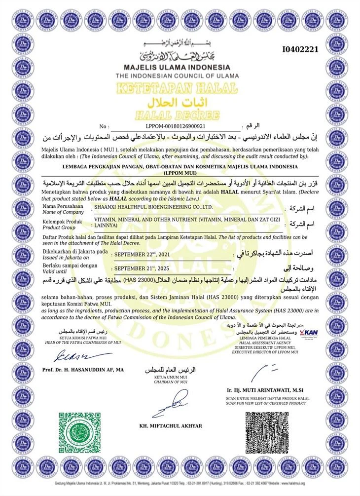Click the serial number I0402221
tap(300, 49)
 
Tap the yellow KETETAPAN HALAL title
tap(177, 89)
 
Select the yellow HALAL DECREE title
tap(177, 116)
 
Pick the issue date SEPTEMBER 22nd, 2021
tap(143, 255)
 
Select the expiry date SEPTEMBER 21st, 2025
tap(143, 269)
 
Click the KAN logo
tap(308, 333)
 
